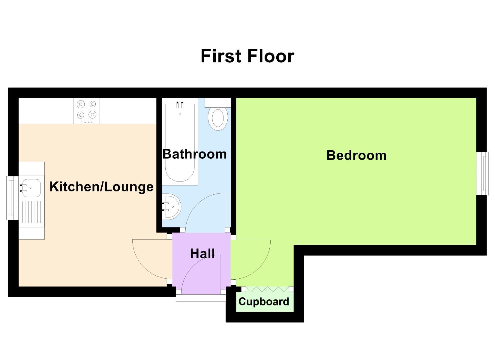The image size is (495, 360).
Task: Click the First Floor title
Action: click(247, 56)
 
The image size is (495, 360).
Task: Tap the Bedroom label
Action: click(356, 155)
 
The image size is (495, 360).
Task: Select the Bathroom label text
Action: click(194, 154)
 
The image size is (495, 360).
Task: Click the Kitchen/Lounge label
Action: click(101, 187)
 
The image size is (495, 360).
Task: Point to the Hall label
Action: click(202, 254)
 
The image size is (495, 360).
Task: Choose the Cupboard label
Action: click(264, 302)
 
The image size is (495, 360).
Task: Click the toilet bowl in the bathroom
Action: click(218, 118)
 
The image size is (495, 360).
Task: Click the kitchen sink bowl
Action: click(31, 188)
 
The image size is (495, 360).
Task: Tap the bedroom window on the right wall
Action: click(482, 173)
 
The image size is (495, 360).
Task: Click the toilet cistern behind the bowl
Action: click(218, 102)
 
